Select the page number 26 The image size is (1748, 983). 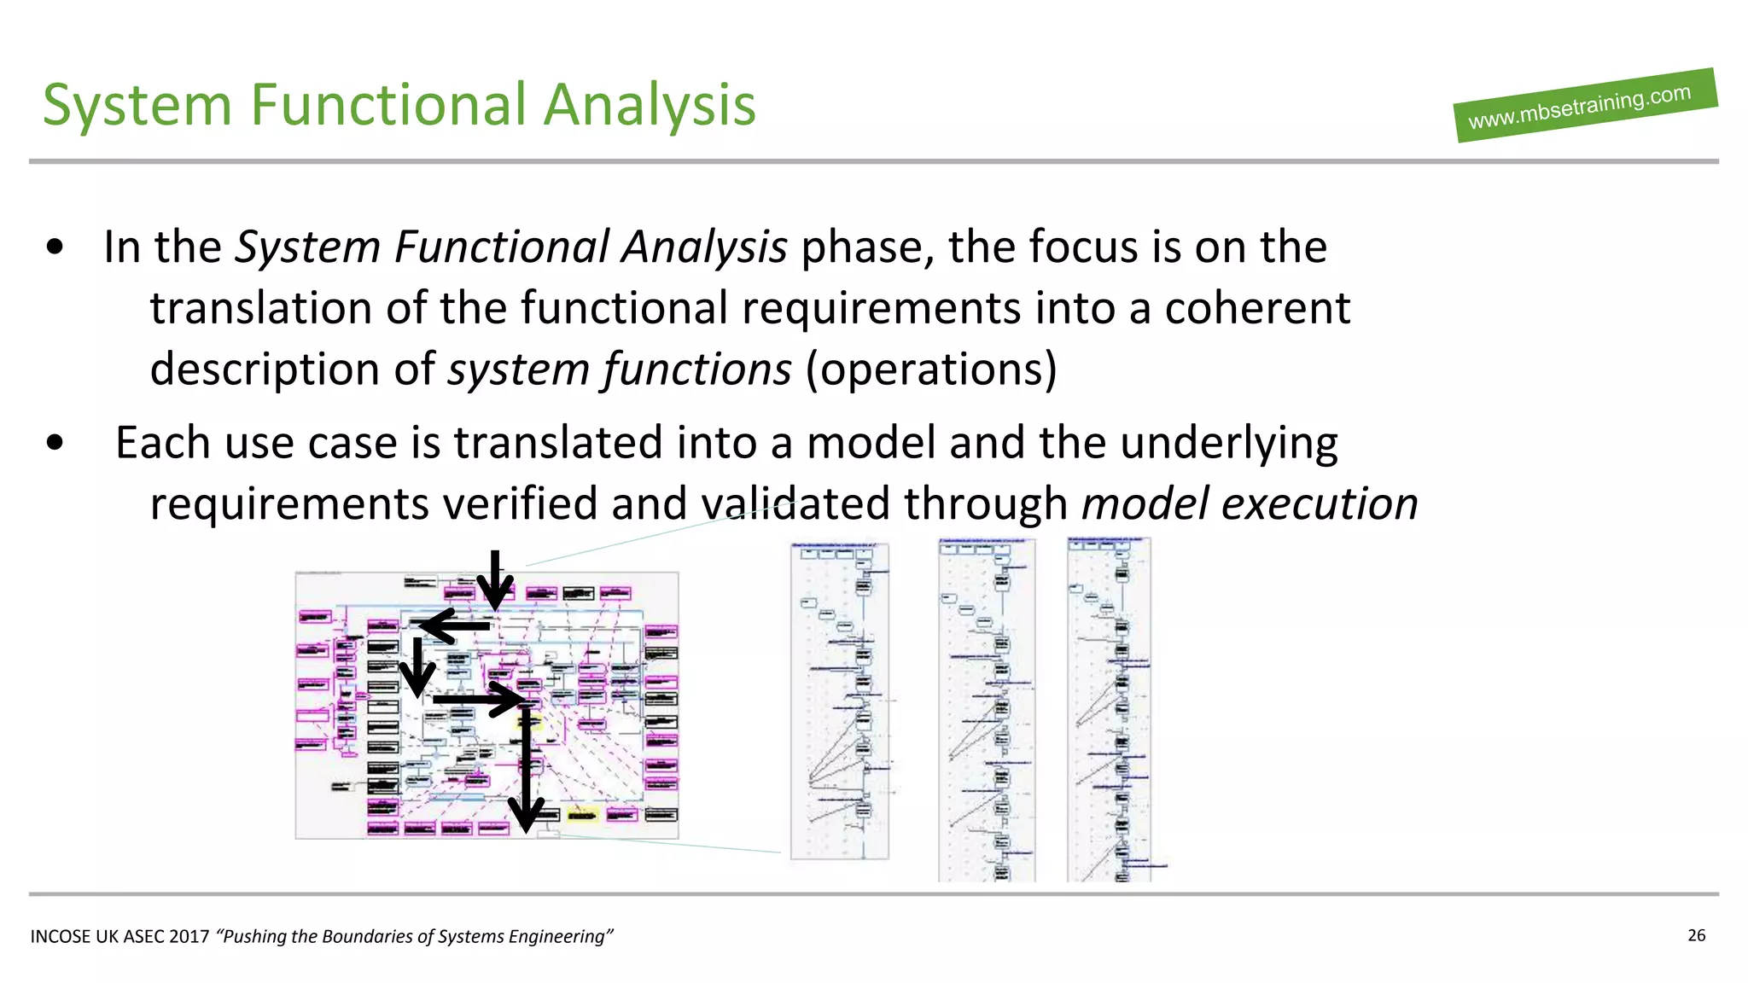point(1696,935)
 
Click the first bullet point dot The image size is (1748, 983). point(55,247)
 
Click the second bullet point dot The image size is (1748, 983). point(55,443)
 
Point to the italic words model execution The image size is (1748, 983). point(1250,503)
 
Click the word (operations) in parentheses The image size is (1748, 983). point(931,369)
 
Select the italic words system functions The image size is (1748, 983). point(620,369)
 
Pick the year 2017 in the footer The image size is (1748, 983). point(189,937)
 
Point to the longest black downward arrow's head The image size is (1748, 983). point(527,815)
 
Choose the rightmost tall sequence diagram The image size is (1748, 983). point(1110,708)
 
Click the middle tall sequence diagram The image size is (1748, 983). point(987,708)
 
